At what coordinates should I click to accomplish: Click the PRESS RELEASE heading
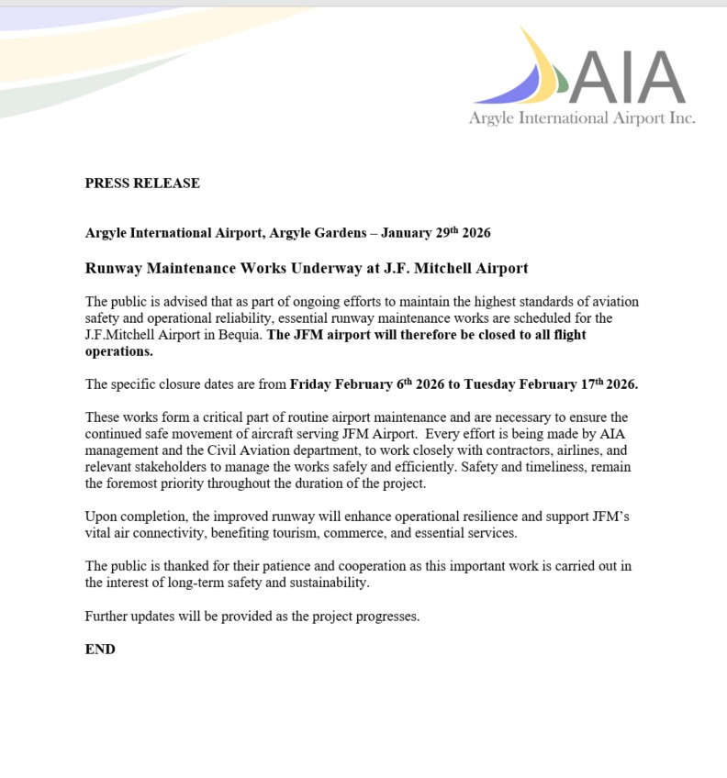(142, 183)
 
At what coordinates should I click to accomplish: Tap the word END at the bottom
(100, 649)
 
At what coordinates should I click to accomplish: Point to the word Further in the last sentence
(108, 616)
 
